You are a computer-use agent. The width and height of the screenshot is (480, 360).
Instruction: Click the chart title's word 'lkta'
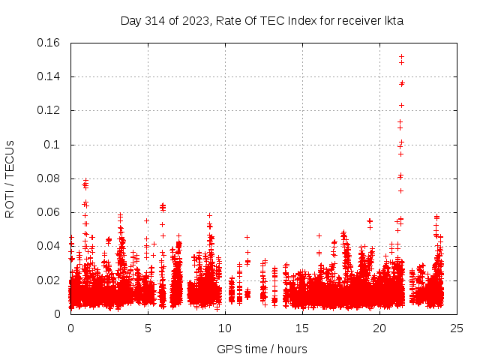pyautogui.click(x=394, y=21)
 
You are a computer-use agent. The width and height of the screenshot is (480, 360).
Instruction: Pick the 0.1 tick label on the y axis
pyautogui.click(x=52, y=145)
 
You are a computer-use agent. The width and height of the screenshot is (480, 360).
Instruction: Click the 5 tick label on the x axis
pyautogui.click(x=148, y=328)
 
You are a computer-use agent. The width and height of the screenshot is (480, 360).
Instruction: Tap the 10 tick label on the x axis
pyautogui.click(x=225, y=328)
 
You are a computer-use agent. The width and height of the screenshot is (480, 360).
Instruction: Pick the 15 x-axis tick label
pyautogui.click(x=302, y=328)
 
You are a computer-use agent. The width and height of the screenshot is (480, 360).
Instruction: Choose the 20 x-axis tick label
pyautogui.click(x=379, y=328)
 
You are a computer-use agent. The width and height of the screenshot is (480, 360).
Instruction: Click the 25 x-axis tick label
pyautogui.click(x=457, y=328)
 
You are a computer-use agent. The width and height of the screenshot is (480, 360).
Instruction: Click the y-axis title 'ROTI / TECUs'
pyautogui.click(x=10, y=178)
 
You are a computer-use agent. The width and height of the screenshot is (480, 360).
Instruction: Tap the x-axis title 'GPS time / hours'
pyautogui.click(x=262, y=349)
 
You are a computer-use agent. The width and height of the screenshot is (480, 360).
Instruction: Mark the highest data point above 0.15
pyautogui.click(x=401, y=56)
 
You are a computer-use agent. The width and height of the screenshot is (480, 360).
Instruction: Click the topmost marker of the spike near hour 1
pyautogui.click(x=85, y=180)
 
